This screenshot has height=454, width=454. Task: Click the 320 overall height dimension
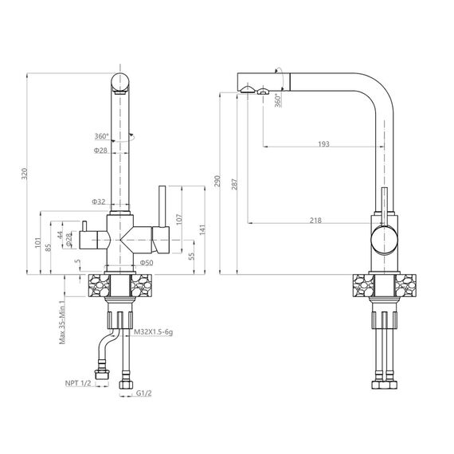(x=25, y=174)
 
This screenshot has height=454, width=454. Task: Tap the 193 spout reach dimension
(x=323, y=144)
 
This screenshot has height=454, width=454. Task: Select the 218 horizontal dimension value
(x=315, y=221)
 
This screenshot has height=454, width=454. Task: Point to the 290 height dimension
(x=217, y=181)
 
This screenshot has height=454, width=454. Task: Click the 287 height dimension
(x=234, y=185)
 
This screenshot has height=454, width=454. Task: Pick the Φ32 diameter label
(x=99, y=202)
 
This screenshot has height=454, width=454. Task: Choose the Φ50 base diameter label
(x=147, y=263)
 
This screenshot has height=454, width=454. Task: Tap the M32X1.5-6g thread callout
(x=153, y=332)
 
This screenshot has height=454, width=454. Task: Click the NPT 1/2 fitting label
(x=78, y=383)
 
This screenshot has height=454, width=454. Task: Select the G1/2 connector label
(x=143, y=393)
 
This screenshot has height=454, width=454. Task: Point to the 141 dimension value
(x=202, y=229)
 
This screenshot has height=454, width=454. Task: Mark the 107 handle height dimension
(x=179, y=220)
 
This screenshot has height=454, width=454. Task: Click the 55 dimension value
(x=191, y=256)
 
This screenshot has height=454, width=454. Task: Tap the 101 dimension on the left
(x=38, y=243)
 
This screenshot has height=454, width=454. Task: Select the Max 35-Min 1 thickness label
(x=62, y=323)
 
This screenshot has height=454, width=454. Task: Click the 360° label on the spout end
(x=278, y=100)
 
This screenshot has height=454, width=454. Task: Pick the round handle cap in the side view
(x=384, y=240)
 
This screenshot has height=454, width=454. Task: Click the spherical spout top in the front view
(x=120, y=82)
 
